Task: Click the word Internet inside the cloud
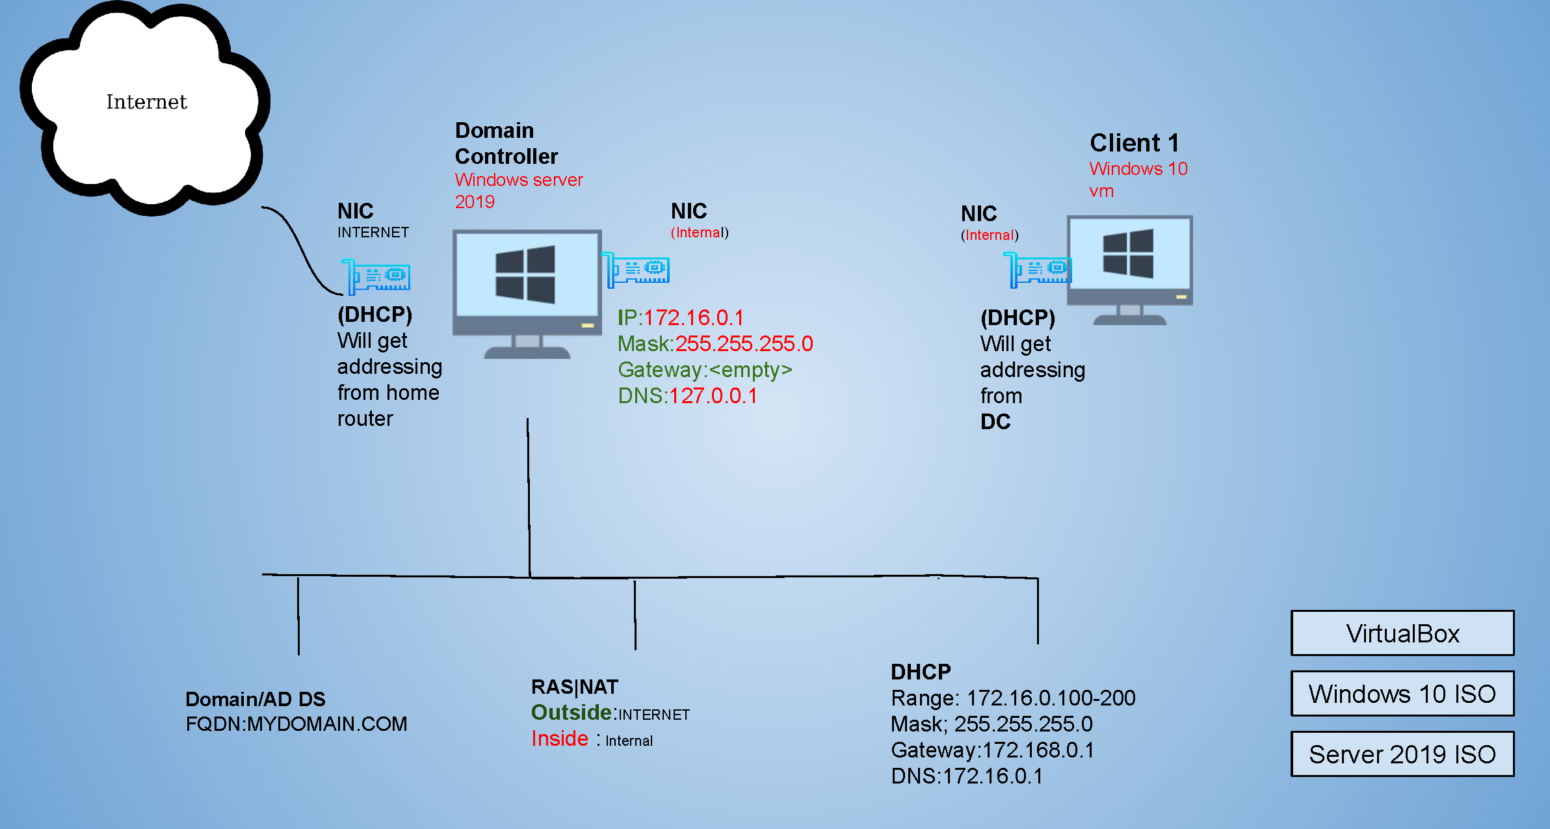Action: [x=146, y=102]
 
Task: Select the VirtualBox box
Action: [x=1402, y=633]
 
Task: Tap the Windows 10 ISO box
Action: [x=1402, y=694]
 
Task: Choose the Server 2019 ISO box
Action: [x=1402, y=754]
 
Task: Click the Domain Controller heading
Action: [x=506, y=144]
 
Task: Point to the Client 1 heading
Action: [x=1134, y=143]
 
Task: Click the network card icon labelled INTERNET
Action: [x=376, y=276]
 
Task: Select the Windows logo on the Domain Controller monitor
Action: [x=525, y=274]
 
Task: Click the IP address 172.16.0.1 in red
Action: [x=693, y=318]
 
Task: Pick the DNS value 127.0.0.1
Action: [x=713, y=396]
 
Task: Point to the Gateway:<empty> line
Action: [x=705, y=370]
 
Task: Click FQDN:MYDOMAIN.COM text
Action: [x=296, y=724]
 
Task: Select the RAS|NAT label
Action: [x=575, y=687]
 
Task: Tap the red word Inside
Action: [x=560, y=739]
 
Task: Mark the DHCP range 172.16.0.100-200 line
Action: [x=1013, y=698]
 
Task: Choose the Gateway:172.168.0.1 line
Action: [x=992, y=750]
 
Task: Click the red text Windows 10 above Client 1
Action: [x=1138, y=169]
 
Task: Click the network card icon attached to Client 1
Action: [x=1038, y=269]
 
